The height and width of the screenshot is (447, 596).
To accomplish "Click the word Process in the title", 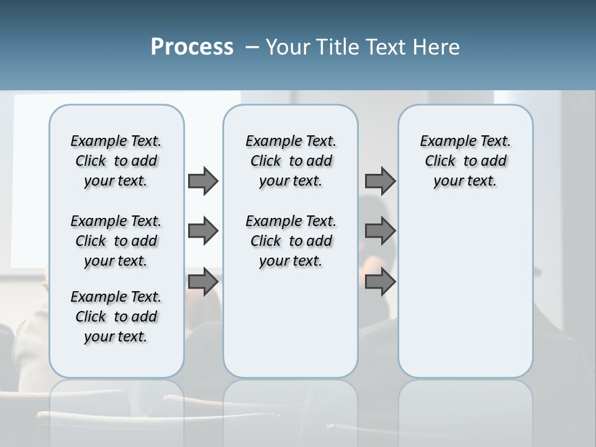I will point(192,47).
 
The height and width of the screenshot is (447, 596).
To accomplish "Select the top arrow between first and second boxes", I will point(203,181).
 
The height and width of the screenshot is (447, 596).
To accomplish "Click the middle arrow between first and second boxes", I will point(203,232).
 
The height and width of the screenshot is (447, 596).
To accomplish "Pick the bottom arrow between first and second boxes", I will point(203,282).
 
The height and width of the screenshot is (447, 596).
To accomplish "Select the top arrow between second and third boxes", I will point(380,181).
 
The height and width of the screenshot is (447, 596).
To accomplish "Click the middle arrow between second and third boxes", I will point(380,232).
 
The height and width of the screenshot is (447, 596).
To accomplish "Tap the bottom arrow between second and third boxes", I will point(380,282).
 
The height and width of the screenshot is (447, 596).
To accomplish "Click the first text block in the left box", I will point(116,161).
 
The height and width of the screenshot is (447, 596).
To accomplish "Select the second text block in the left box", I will point(116,241).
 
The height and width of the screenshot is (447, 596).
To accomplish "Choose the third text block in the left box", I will point(116,317).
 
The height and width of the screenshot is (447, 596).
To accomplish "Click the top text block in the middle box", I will point(291,161).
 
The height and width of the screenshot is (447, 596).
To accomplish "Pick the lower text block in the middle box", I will point(291,241).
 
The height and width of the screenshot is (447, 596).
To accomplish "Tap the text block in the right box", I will point(465,161).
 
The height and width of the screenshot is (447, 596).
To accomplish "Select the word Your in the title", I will point(287,47).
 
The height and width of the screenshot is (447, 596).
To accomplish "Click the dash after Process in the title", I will point(252,47).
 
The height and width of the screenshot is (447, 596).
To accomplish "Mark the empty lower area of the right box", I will point(465,292).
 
